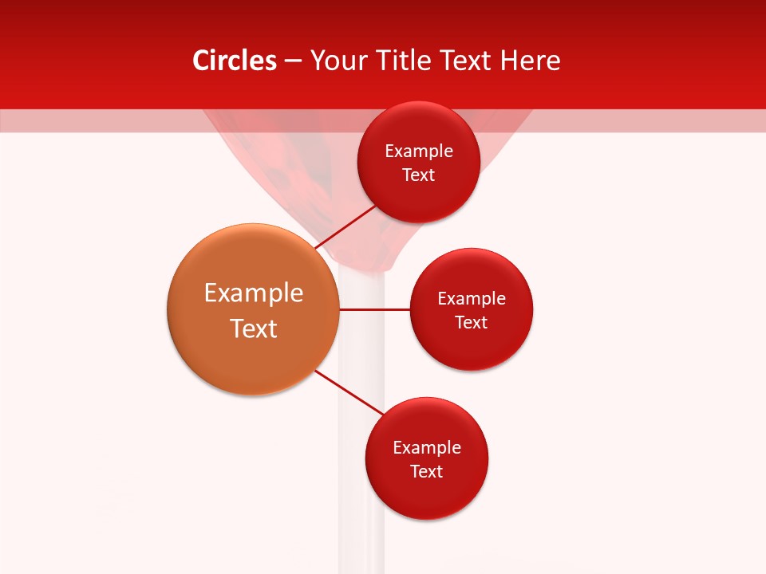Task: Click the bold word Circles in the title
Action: pyautogui.click(x=235, y=61)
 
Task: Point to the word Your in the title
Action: pyautogui.click(x=338, y=61)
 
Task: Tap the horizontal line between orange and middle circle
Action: pyautogui.click(x=374, y=309)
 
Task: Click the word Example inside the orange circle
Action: pyautogui.click(x=254, y=293)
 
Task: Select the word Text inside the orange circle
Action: pyautogui.click(x=254, y=328)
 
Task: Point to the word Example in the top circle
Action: pyautogui.click(x=419, y=151)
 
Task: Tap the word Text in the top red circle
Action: pyautogui.click(x=419, y=175)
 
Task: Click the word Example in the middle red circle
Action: pyautogui.click(x=472, y=299)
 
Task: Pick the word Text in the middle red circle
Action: pyautogui.click(x=472, y=323)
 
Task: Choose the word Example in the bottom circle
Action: pyautogui.click(x=427, y=448)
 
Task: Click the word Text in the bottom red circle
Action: pyautogui.click(x=427, y=472)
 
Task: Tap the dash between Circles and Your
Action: pyautogui.click(x=293, y=61)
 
